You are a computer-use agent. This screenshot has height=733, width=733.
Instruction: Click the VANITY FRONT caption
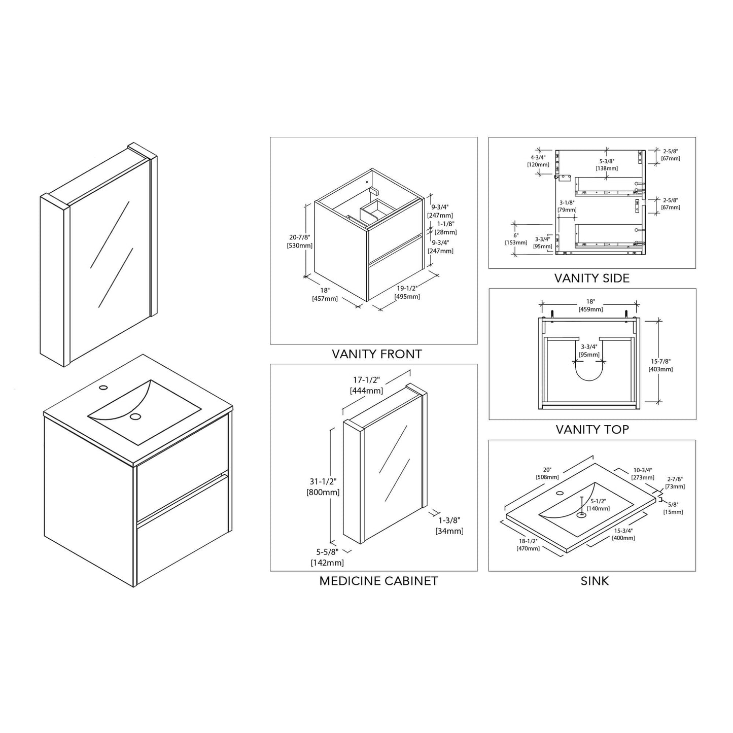pos(376,354)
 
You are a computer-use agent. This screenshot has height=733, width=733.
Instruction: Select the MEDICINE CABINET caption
pos(378,581)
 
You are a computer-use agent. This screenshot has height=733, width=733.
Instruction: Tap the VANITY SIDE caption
pos(591,278)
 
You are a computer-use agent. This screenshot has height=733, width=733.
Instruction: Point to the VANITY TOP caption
pos(592,430)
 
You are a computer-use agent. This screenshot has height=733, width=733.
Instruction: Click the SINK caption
pos(594,581)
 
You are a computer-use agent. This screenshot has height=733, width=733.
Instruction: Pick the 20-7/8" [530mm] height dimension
pos(299,241)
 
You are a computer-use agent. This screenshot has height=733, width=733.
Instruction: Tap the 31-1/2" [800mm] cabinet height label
pos(323,486)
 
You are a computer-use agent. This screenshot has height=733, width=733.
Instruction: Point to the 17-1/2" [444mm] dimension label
pos(366,385)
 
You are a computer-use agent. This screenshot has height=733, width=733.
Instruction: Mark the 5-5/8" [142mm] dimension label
pos(327,557)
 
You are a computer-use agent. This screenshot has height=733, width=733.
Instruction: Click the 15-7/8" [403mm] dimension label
pos(660,365)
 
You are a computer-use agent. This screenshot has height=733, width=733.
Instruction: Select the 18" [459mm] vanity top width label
pos(590,305)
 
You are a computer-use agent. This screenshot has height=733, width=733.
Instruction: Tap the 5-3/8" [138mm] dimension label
pos(607,164)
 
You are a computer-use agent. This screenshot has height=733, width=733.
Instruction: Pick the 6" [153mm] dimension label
pos(516,239)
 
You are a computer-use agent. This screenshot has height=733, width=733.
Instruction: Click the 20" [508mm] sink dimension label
pos(547,473)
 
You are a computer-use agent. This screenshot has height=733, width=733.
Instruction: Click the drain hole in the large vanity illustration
pos(135,416)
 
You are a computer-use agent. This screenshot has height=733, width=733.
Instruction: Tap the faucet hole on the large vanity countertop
pos(103,388)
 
